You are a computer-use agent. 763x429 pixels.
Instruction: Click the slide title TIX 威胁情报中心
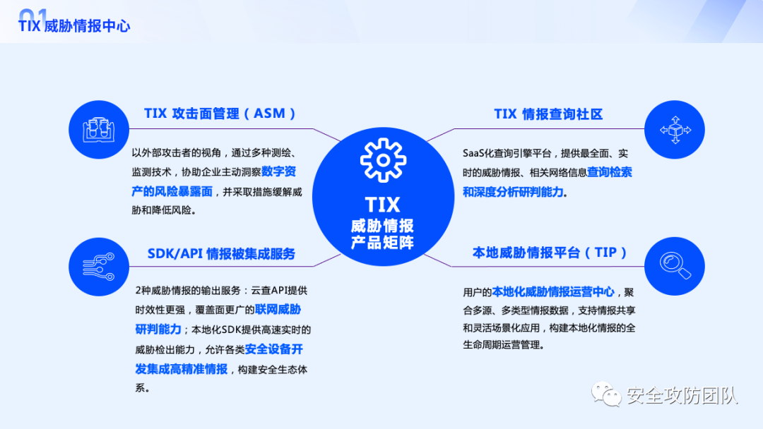(74, 26)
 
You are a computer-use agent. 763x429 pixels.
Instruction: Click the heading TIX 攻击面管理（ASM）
(220, 114)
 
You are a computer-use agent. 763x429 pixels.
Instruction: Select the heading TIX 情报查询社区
(548, 114)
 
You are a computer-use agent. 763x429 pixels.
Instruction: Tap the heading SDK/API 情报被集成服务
(221, 253)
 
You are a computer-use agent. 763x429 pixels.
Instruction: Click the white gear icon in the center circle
(383, 160)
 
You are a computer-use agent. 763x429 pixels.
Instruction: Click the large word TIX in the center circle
(383, 205)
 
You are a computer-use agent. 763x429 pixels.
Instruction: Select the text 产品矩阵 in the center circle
(383, 243)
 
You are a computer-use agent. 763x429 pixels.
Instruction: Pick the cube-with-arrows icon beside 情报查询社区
(675, 130)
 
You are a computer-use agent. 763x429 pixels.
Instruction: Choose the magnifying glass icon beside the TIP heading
(675, 266)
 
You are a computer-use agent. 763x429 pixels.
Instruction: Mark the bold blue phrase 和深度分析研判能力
(514, 191)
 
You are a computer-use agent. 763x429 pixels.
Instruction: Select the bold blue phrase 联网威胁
(278, 309)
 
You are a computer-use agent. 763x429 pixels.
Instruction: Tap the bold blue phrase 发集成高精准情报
(182, 368)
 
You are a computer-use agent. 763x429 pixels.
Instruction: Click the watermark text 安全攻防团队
(682, 396)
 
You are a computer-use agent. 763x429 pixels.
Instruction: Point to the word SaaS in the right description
(475, 153)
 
